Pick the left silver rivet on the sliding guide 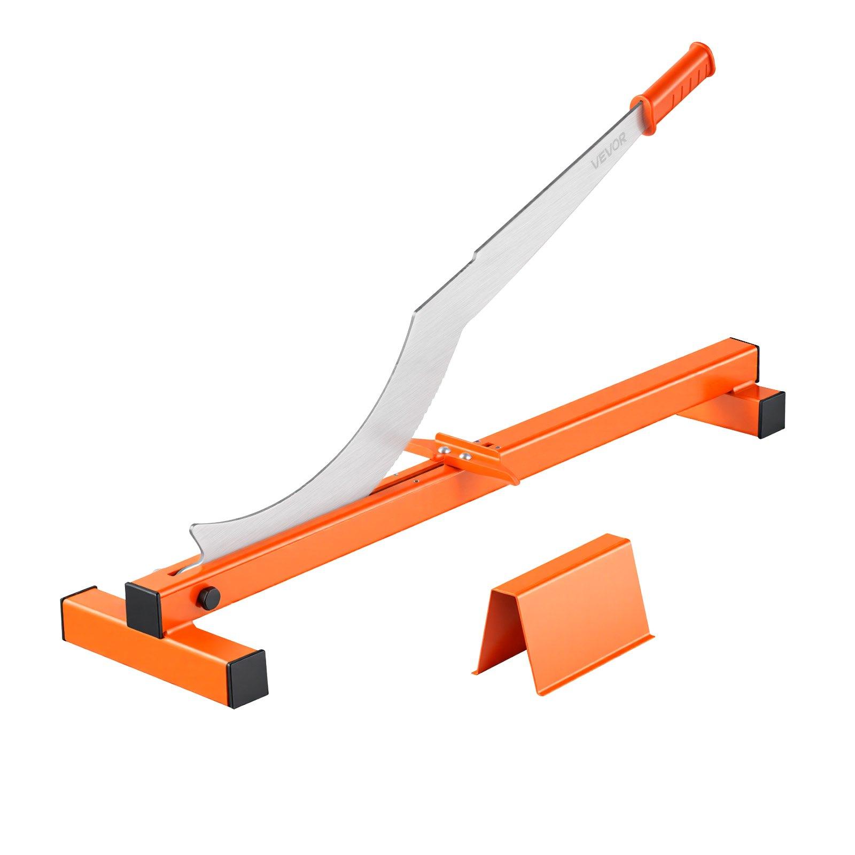point(444,451)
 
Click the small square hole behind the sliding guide point(489,443)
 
